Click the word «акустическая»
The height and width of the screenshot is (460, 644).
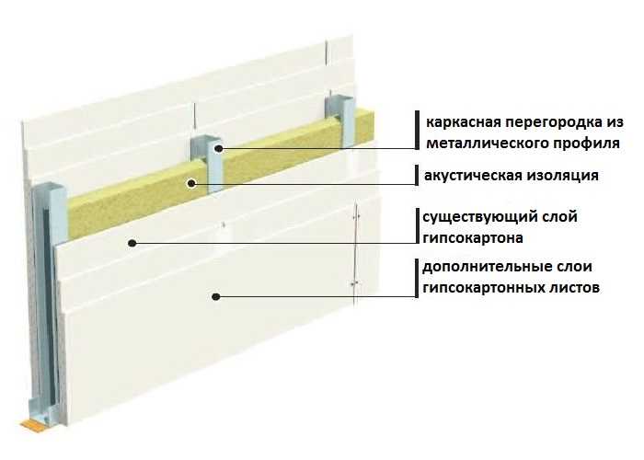[465, 176]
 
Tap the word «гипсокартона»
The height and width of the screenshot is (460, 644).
[473, 238]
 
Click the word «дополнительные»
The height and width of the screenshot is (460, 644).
[478, 267]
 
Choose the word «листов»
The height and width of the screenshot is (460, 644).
[574, 288]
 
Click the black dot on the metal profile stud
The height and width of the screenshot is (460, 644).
[219, 149]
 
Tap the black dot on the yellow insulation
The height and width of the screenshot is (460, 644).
[191, 183]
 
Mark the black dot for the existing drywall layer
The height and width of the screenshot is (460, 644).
[132, 243]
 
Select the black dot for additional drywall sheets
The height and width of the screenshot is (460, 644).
[215, 296]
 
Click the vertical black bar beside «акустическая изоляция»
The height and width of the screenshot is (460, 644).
[417, 176]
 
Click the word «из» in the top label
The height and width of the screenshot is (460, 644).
[615, 122]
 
